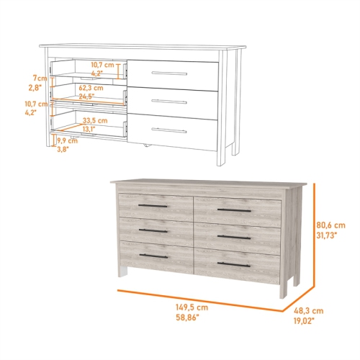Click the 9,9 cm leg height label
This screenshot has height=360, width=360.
[68, 141]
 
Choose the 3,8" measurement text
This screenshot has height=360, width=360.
[64, 150]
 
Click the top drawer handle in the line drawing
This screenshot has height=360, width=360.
[170, 73]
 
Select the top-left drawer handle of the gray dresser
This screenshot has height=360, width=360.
[153, 206]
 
